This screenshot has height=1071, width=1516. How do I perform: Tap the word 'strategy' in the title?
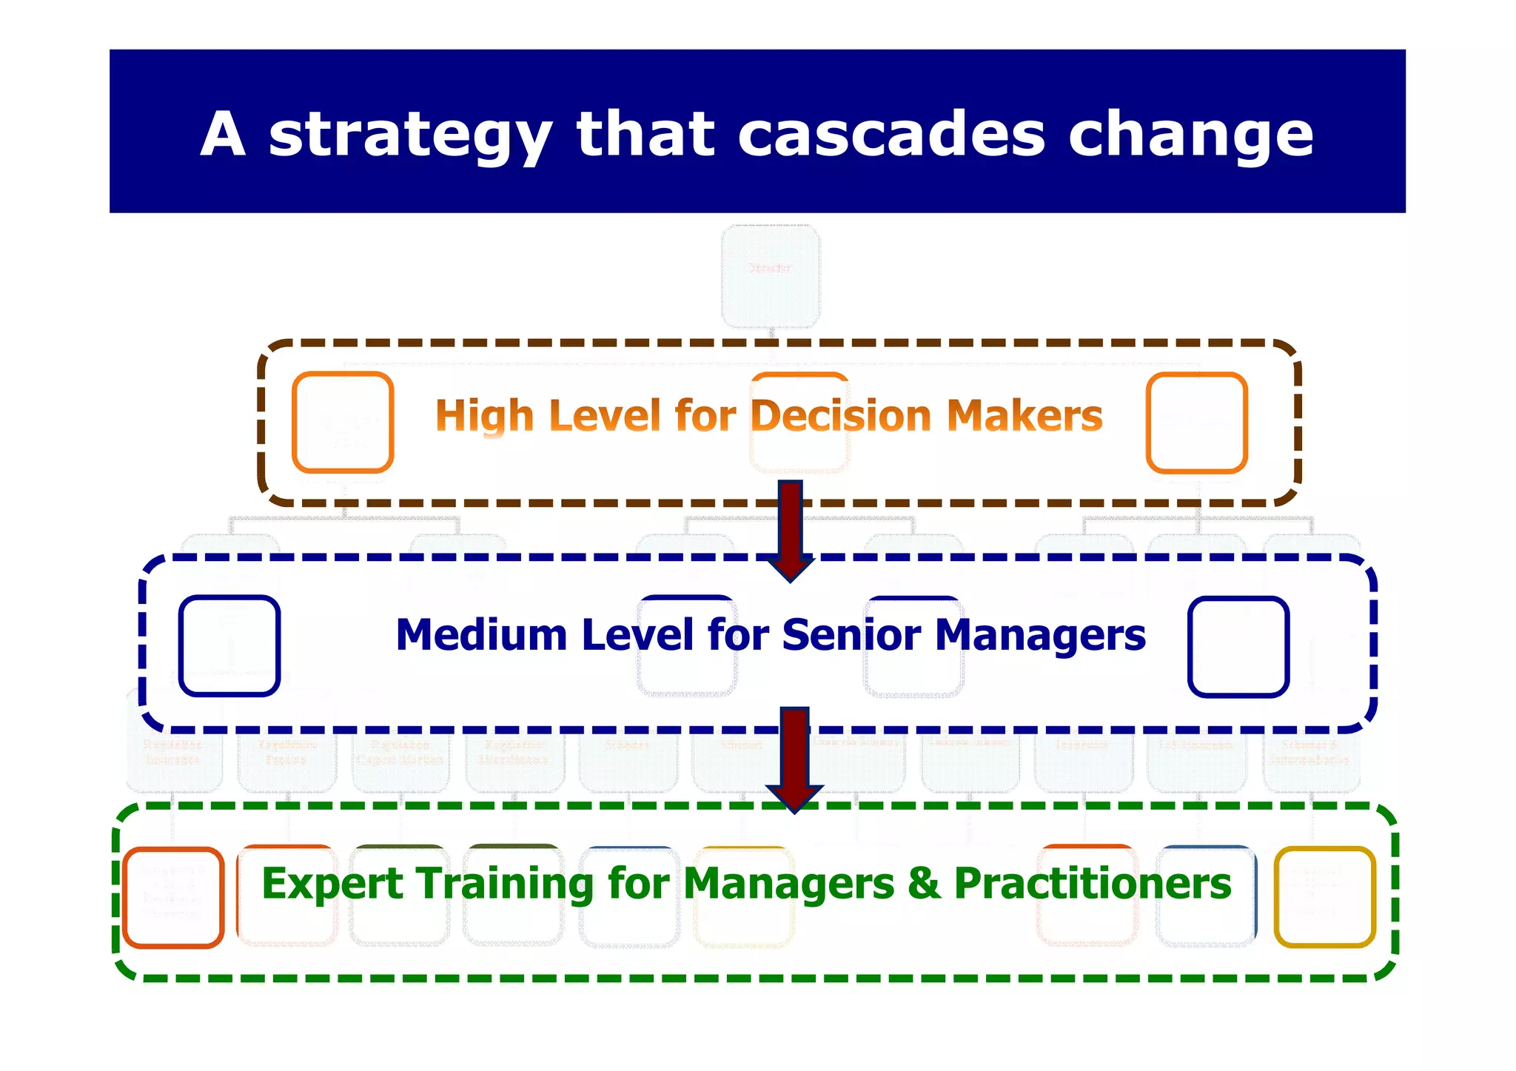[x=410, y=135]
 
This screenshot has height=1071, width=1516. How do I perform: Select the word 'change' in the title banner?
[x=1190, y=135]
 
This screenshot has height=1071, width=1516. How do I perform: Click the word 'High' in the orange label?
[x=484, y=415]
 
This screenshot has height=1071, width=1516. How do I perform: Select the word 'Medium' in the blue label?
[x=481, y=635]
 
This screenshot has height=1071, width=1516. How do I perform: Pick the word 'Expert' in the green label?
[x=332, y=884]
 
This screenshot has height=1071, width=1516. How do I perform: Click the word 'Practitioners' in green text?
[x=1093, y=884]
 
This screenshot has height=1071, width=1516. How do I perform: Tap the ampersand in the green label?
[x=925, y=884]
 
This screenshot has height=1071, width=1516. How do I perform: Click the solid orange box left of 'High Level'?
[x=343, y=423]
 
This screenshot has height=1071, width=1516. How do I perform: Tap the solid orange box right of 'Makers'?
[x=1196, y=423]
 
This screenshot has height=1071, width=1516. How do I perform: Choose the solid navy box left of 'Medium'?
[x=229, y=646]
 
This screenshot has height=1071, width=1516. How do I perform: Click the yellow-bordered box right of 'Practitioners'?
[x=1324, y=897]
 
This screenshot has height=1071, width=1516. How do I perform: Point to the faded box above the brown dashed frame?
[x=771, y=275]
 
